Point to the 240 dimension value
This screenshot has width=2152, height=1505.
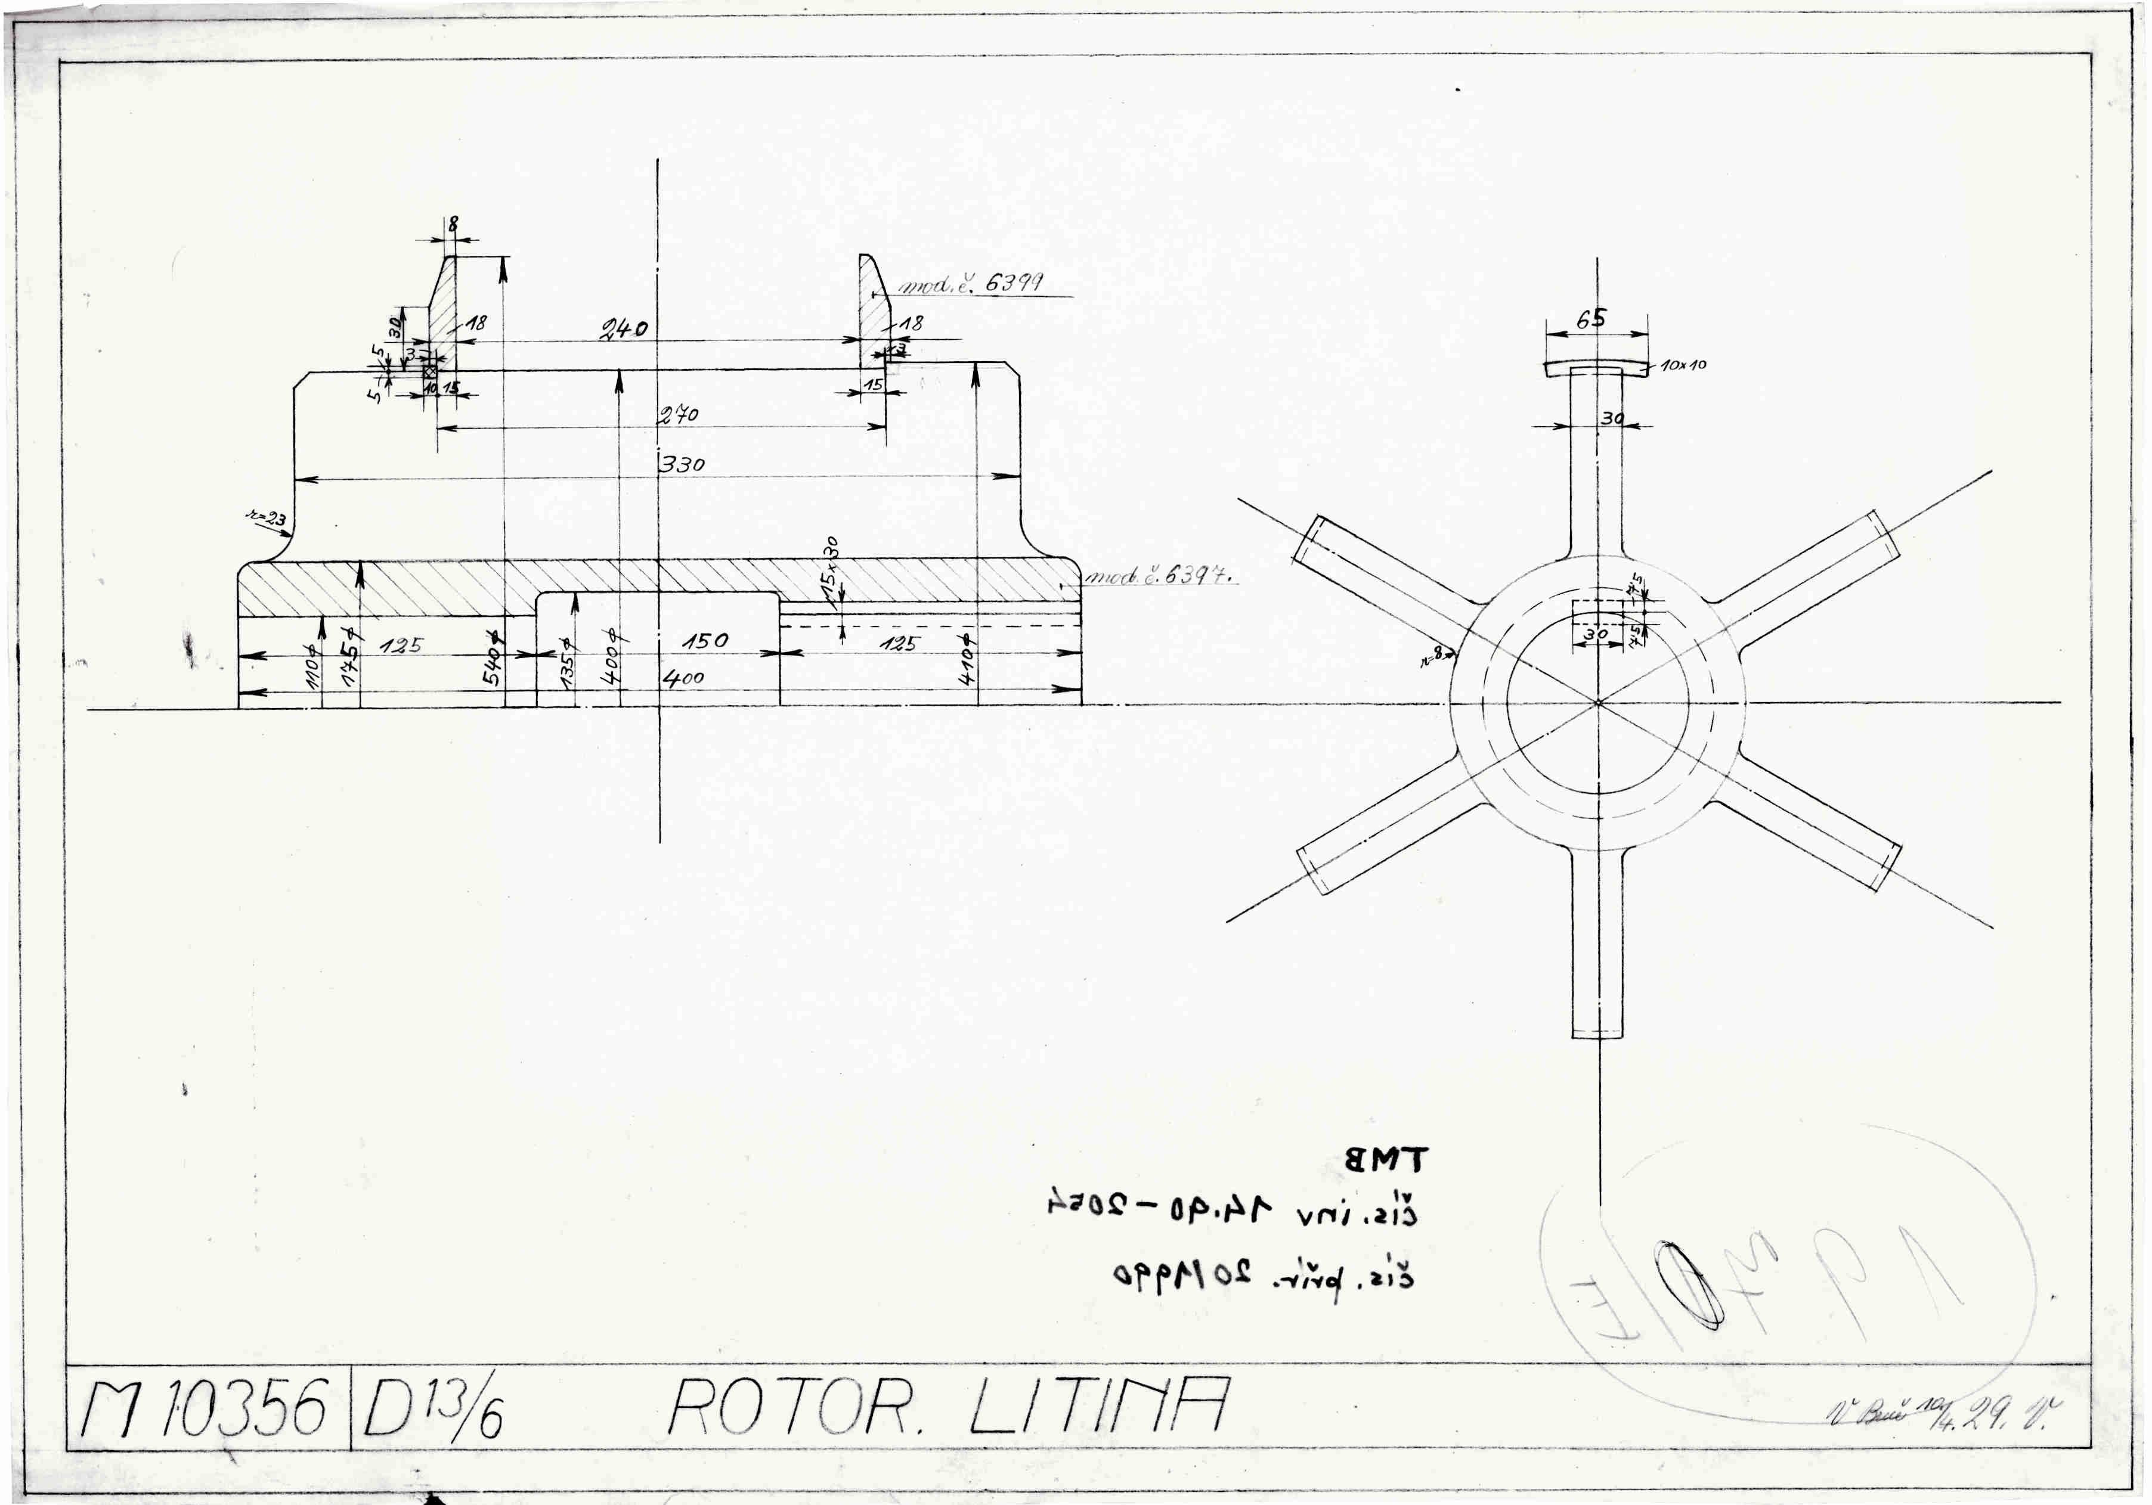[x=624, y=329]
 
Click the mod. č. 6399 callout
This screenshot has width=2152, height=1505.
[x=971, y=283]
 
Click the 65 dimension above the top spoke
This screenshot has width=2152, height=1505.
[x=1590, y=319]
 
